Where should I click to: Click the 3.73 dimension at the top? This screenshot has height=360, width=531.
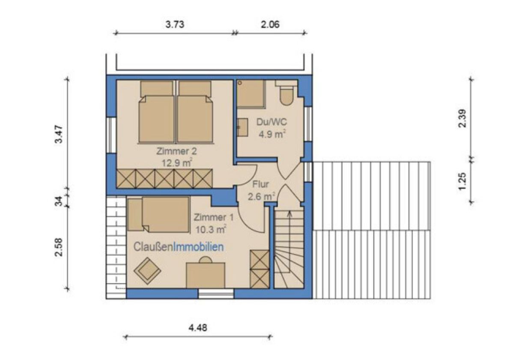coord(175,24)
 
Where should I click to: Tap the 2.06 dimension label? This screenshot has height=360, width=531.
coord(270,24)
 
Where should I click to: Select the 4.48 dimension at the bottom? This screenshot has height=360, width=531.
coord(198,328)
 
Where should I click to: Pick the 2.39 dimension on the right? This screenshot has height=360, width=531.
coord(462,118)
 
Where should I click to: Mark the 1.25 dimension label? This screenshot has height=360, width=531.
coord(462,181)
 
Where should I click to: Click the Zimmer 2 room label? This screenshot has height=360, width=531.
coord(176,151)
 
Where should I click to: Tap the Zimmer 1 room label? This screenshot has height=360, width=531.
coord(214,217)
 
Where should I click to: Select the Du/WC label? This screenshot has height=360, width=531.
coord(271,122)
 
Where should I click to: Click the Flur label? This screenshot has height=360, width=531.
coord(260,184)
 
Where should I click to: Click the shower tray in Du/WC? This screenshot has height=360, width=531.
coord(251,94)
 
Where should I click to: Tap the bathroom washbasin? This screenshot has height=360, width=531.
coord(242,127)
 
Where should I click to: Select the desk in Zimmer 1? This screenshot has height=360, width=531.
coord(206,275)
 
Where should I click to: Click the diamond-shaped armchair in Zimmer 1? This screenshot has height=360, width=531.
coord(147,271)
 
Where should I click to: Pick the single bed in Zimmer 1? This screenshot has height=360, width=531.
coord(158,214)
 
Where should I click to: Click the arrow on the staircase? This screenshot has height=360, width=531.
coord(289,242)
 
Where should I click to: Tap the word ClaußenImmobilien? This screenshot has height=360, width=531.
coord(179,247)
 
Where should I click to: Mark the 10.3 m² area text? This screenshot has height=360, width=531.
coord(211,229)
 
